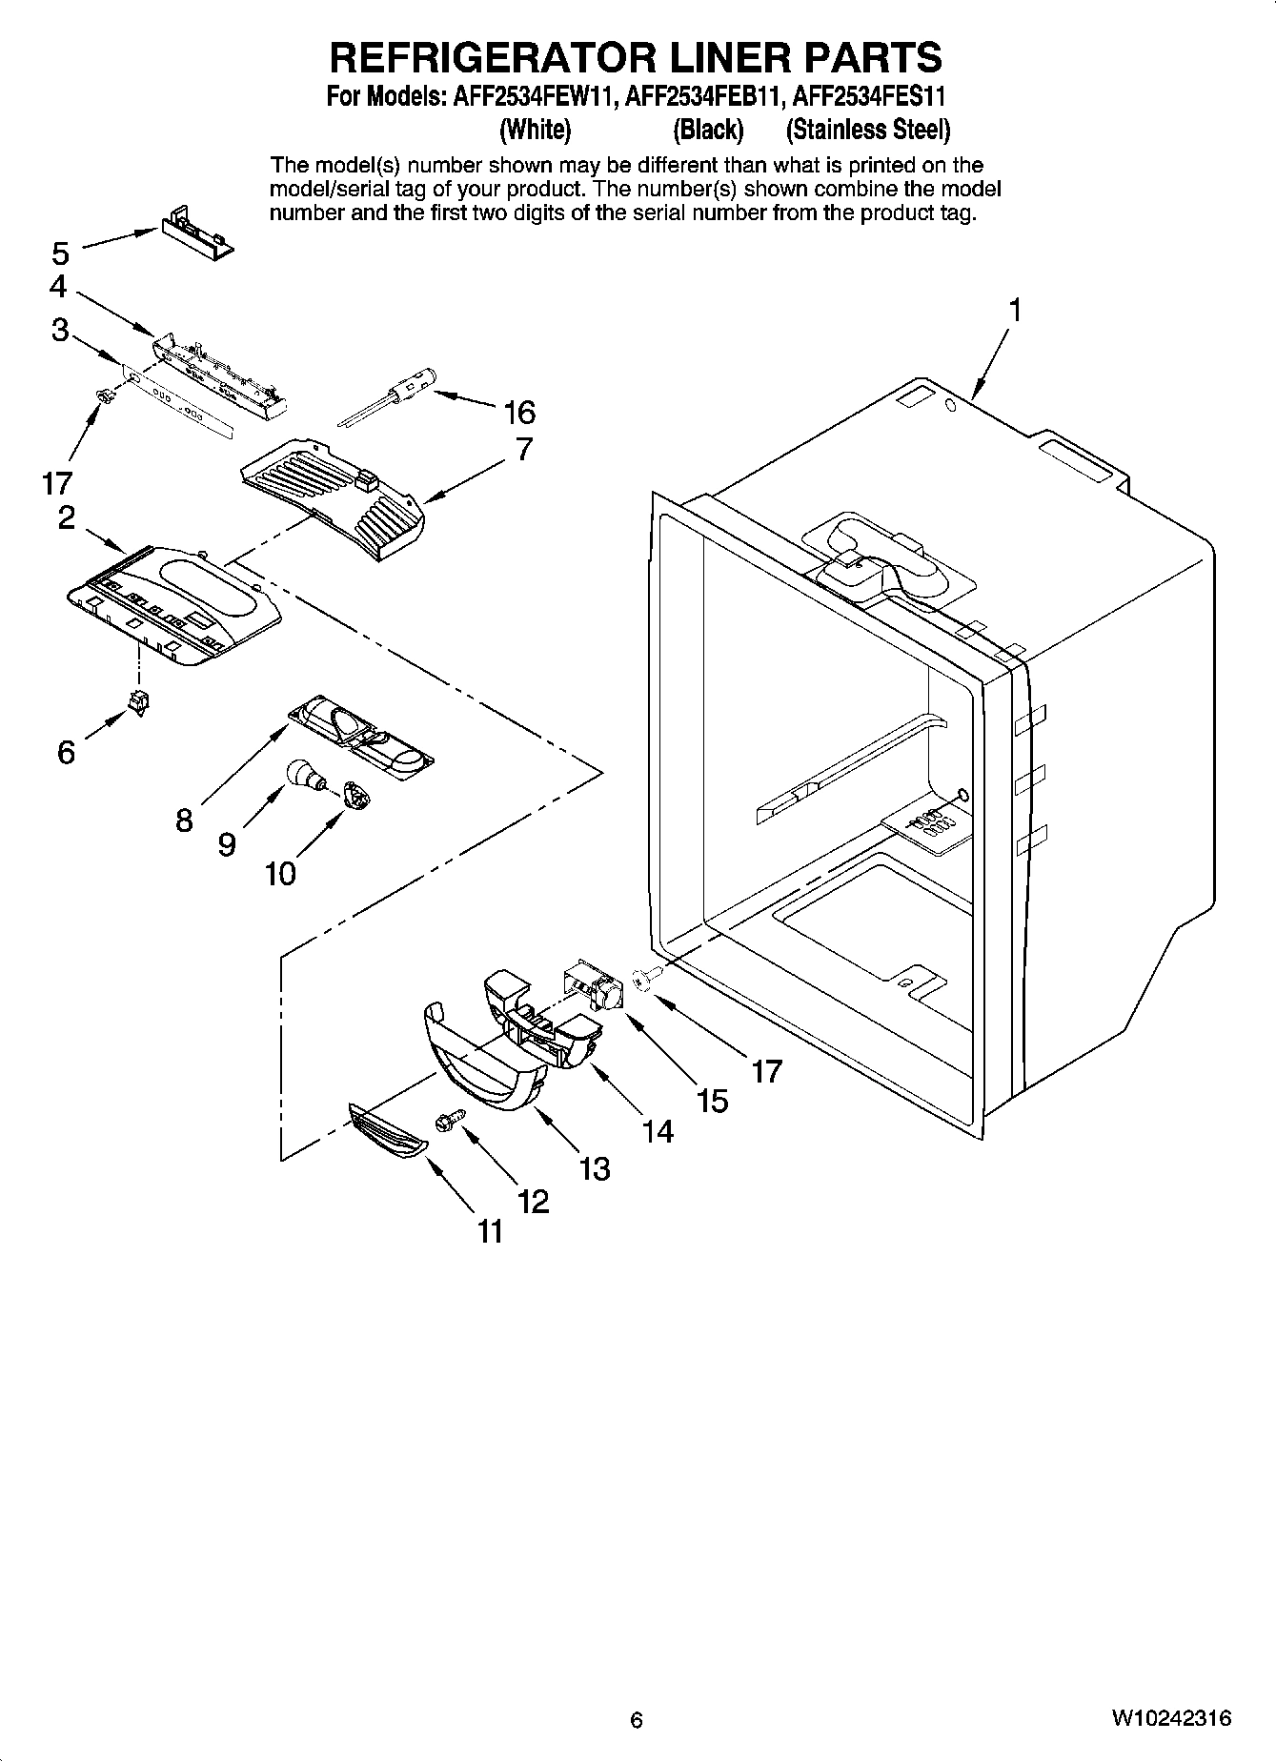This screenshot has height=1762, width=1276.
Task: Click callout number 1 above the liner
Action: pos(1015,310)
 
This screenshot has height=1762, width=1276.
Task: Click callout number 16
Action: pos(519,413)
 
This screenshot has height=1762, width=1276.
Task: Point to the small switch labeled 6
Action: pos(139,702)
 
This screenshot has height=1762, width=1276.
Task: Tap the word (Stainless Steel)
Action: pos(867,129)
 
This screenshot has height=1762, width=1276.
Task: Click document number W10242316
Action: pos(1170,1718)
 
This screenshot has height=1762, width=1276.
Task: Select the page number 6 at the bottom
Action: pos(637,1719)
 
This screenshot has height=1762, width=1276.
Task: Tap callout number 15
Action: pos(712,1101)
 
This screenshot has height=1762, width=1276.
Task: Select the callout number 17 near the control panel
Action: pos(57,483)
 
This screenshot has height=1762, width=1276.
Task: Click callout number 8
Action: pos(184,820)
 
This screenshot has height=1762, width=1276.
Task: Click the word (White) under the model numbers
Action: pos(535,129)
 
